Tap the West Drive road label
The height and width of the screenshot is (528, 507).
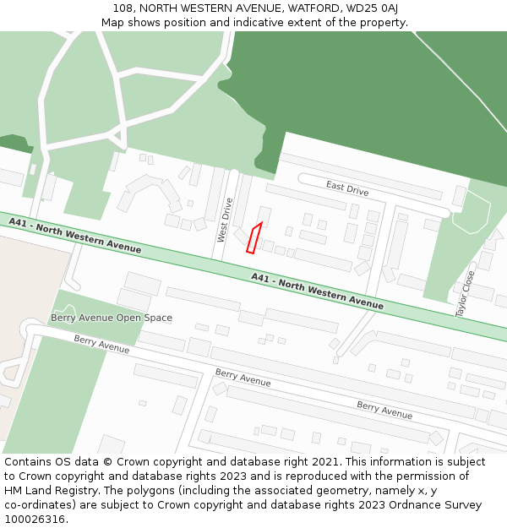click(225, 220)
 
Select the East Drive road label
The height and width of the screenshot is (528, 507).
click(347, 188)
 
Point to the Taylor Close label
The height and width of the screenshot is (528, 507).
click(466, 294)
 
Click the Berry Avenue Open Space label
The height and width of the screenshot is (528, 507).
click(112, 318)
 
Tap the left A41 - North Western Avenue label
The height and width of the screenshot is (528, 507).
click(75, 235)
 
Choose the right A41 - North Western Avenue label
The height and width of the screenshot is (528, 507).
click(317, 291)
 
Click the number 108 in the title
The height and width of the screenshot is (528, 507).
click(123, 8)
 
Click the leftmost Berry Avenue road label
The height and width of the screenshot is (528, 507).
click(101, 343)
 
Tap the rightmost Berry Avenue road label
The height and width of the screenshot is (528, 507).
click(384, 410)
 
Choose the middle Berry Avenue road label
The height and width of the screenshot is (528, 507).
click(243, 378)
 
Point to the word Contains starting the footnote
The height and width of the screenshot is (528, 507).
click(28, 462)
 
